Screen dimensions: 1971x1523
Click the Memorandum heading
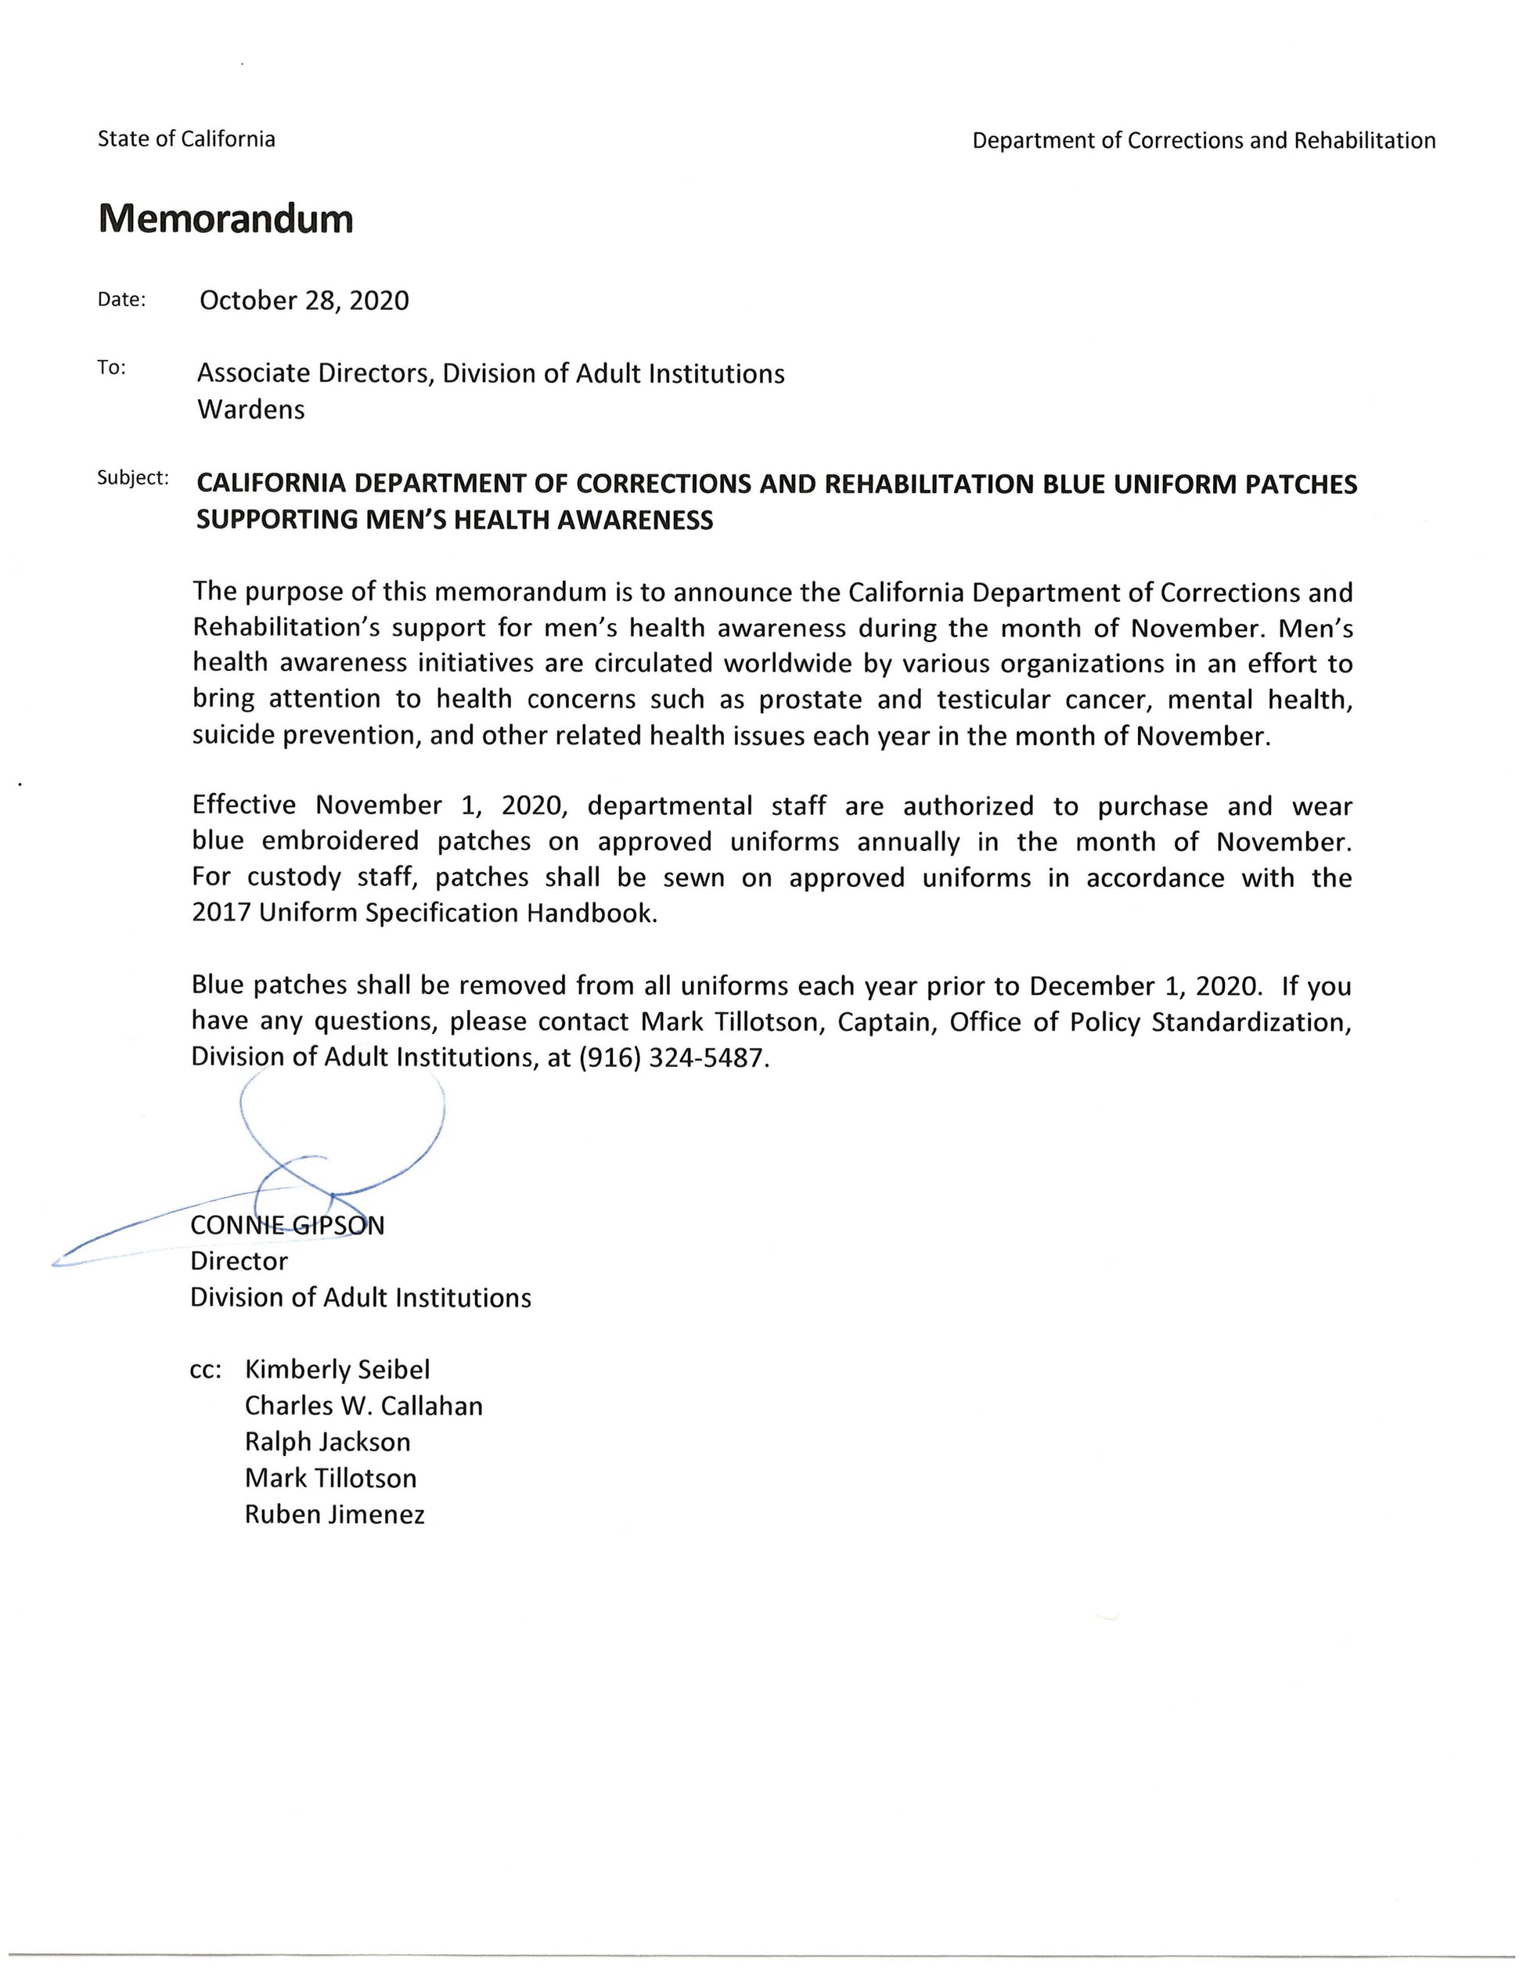click(225, 219)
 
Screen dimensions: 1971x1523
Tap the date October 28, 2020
click(304, 301)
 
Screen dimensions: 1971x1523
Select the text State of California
click(185, 139)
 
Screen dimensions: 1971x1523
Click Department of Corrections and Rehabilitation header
click(1204, 141)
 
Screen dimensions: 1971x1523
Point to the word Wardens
click(250, 409)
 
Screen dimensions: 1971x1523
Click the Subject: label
click(132, 477)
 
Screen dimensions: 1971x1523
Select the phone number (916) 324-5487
click(673, 1058)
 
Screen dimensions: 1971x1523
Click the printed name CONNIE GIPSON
click(287, 1226)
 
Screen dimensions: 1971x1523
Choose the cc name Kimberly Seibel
click(337, 1370)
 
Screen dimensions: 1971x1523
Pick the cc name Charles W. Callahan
click(364, 1406)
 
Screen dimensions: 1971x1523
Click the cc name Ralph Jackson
click(327, 1442)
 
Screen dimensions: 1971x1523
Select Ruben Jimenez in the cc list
click(334, 1515)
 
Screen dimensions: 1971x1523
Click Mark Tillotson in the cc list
click(330, 1478)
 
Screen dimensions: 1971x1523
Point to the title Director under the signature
click(239, 1262)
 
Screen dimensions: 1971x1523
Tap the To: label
click(112, 367)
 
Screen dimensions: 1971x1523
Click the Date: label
click(121, 300)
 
